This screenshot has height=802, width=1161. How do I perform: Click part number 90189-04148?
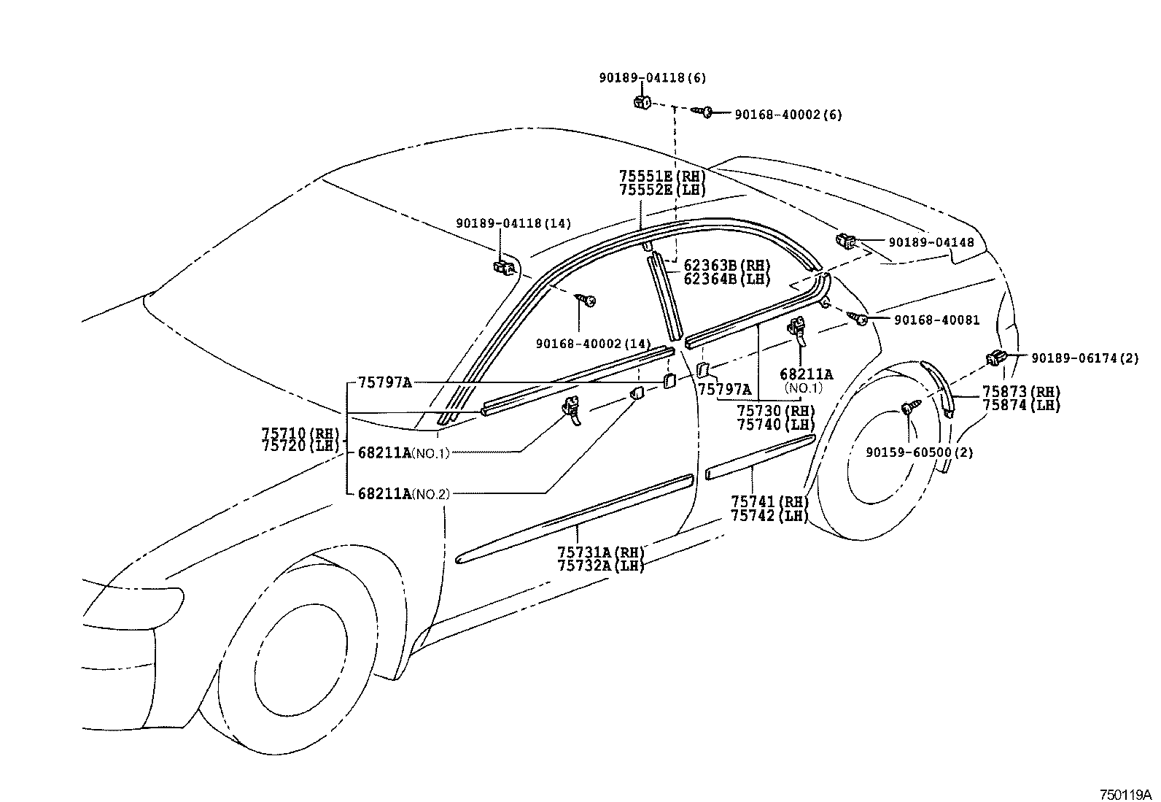(931, 242)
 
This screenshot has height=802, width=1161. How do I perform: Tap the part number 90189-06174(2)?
(1084, 358)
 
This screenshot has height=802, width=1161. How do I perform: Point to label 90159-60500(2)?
(920, 452)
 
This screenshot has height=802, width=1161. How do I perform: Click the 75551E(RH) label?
(663, 177)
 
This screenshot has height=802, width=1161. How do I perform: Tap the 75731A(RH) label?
(601, 552)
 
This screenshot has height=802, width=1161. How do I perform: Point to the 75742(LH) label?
(770, 515)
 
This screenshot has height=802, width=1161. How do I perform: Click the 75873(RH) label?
(1021, 392)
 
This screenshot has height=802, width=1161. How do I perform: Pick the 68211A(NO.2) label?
(403, 494)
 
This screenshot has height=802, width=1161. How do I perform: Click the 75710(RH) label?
(300, 433)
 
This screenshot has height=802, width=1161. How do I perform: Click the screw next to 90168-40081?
(858, 317)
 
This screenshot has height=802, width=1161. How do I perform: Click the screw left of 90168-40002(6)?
(706, 112)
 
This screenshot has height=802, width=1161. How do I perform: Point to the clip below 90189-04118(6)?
(642, 101)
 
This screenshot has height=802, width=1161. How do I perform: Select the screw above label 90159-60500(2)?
(909, 408)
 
